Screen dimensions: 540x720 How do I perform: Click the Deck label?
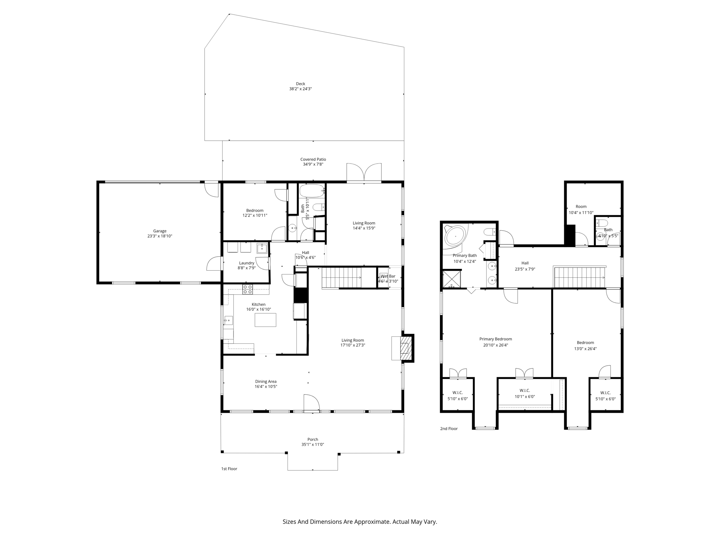coord(300,84)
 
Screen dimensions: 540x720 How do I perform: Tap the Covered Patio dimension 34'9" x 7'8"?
coord(313,164)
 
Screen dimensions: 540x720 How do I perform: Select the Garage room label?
coord(160,231)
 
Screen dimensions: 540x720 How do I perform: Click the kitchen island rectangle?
coord(265,320)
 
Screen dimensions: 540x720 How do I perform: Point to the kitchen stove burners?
coord(247,289)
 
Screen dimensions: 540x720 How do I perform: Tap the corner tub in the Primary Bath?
coord(455,235)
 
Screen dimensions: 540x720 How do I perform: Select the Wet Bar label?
coord(388,276)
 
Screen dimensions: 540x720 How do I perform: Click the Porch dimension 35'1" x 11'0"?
coord(313,444)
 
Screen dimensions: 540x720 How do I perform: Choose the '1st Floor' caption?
coord(229,469)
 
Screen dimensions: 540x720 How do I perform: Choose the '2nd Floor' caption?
coord(449,429)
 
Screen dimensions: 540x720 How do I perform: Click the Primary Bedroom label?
coord(495,339)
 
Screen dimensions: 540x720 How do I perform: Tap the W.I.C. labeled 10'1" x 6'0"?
coord(525,393)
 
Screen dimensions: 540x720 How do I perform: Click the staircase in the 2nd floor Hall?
coord(579,277)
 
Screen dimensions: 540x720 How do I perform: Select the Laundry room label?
coord(246,263)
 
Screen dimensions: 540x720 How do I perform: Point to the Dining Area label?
coord(265,381)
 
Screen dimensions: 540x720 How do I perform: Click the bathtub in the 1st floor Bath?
coord(311,191)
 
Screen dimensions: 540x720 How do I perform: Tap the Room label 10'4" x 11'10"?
coord(581,207)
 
